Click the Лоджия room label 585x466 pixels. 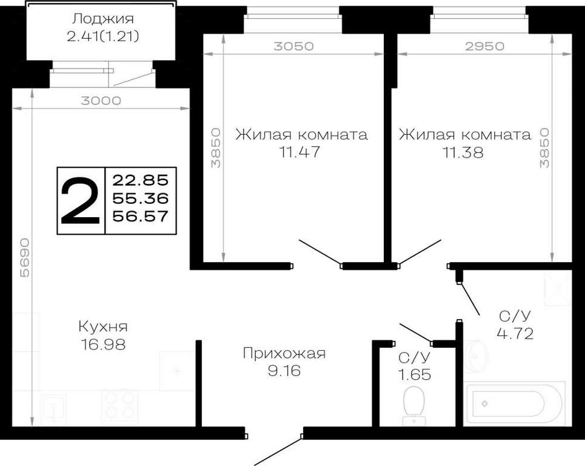point(102,18)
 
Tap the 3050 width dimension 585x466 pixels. point(293,46)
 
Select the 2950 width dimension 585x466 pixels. point(484,46)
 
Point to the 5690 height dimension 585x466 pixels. point(25,257)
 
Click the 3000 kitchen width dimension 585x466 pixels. point(101,101)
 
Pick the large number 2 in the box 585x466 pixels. point(80,201)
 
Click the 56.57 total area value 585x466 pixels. point(140,216)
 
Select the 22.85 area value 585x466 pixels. point(140,180)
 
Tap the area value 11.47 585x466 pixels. point(299,152)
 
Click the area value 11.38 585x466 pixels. point(463,152)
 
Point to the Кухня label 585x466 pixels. point(103,326)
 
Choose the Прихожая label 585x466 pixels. point(284,353)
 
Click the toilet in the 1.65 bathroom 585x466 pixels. point(414,405)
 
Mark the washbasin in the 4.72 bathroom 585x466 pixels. point(475,356)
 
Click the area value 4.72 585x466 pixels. point(515,333)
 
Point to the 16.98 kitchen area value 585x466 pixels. point(103,344)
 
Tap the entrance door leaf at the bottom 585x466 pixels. point(278,451)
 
